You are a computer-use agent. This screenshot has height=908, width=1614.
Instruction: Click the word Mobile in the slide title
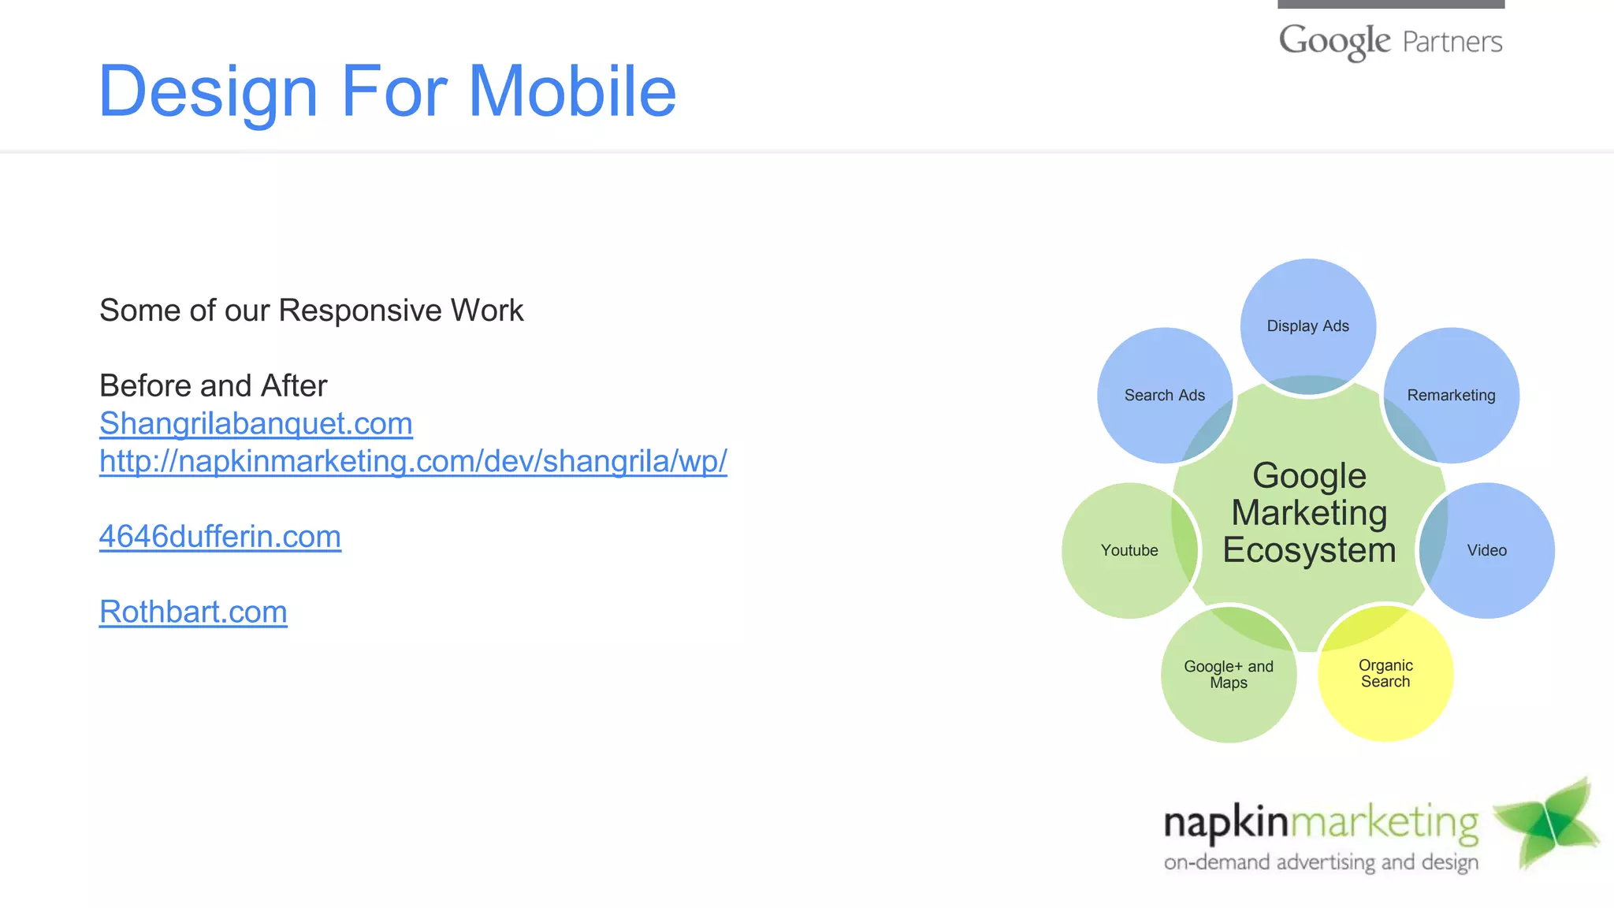click(572, 91)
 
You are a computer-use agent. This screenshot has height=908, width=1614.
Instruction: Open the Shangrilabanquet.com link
click(255, 424)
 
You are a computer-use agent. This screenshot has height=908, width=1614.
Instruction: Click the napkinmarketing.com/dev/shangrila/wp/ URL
click(413, 461)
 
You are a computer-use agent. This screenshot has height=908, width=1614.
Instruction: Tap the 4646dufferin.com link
click(220, 537)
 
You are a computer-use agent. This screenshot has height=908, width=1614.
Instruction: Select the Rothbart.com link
click(193, 612)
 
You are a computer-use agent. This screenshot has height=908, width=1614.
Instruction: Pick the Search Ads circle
click(1164, 395)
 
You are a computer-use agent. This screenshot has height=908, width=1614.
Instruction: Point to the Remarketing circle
click(1451, 395)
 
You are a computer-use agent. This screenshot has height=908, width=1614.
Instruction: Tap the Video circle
click(1486, 550)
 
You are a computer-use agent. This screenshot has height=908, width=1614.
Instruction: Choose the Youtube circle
click(1129, 550)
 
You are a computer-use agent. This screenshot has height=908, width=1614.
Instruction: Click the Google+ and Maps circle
click(1228, 674)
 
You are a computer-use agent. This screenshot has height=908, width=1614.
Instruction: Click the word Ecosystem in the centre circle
click(1309, 550)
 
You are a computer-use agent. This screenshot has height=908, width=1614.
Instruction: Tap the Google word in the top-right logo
click(1333, 41)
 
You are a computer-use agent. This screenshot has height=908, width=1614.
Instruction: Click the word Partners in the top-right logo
click(1452, 42)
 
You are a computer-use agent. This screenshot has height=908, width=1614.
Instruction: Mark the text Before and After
click(213, 386)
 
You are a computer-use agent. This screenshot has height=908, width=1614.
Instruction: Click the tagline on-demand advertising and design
click(1321, 862)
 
